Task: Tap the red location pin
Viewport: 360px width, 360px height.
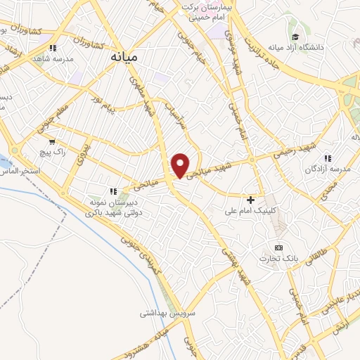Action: tap(181, 165)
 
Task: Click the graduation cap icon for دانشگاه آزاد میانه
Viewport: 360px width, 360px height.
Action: tap(296, 37)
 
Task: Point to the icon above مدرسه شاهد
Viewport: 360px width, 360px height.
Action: tap(53, 49)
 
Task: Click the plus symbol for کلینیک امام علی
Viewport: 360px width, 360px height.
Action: tap(251, 200)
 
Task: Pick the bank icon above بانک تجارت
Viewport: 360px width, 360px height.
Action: tap(278, 247)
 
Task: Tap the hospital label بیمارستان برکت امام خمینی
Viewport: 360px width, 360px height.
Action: tap(204, 11)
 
